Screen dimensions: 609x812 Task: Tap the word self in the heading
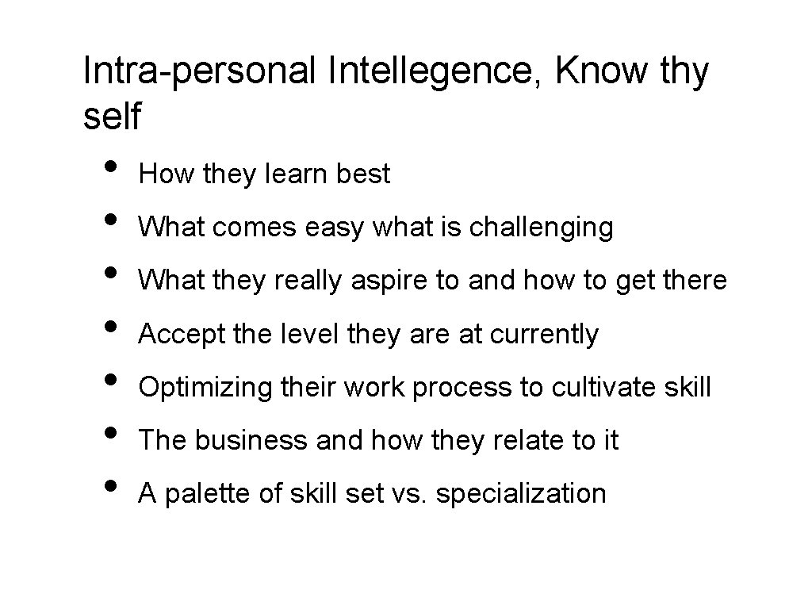pyautogui.click(x=111, y=117)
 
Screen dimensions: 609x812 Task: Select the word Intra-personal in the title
pyautogui.click(x=198, y=72)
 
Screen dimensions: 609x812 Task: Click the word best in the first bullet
pyautogui.click(x=363, y=174)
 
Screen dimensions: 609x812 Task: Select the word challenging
pyautogui.click(x=542, y=228)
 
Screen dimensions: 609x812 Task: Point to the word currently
pyautogui.click(x=545, y=334)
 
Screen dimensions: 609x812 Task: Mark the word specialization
pyautogui.click(x=521, y=493)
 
